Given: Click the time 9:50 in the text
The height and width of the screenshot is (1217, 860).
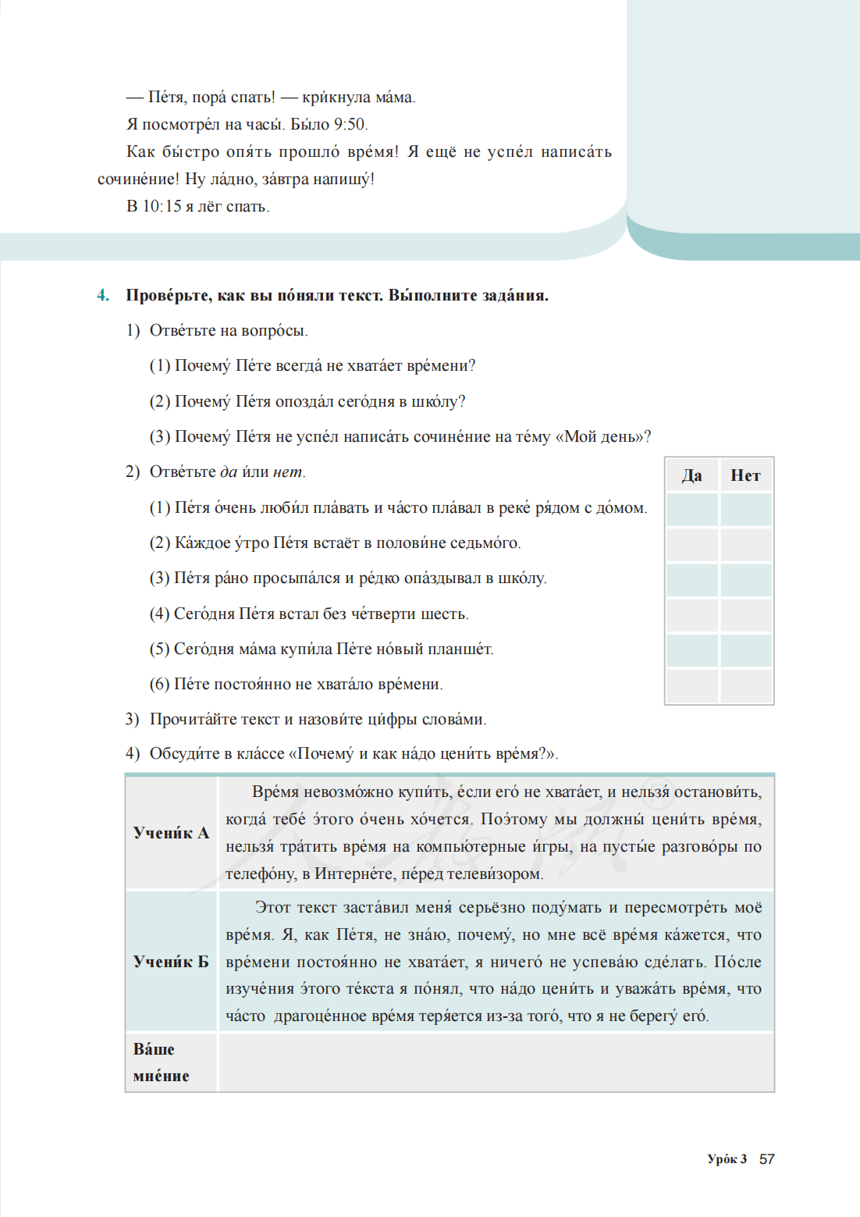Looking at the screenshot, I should tap(350, 125).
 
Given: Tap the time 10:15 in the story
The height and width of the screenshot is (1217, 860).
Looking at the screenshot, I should tap(162, 207).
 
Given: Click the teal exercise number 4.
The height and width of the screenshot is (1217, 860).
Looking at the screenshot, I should tap(103, 296).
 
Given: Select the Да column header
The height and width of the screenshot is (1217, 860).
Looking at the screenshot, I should tap(692, 475).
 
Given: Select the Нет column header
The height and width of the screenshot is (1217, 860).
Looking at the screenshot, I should tap(745, 475).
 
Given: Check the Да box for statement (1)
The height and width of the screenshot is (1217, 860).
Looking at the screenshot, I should tap(692, 510).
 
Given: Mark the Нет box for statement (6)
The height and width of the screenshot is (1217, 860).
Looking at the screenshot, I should tap(746, 685).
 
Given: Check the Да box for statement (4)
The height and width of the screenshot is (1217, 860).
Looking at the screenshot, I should tap(692, 615).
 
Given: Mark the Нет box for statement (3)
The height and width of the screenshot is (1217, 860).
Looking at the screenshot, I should tap(746, 580).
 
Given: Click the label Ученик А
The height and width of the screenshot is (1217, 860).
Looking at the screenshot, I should tap(171, 833).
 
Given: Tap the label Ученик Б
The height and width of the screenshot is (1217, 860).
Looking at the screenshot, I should tap(171, 962).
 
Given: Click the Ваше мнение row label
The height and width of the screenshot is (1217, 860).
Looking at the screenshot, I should tap(162, 1062).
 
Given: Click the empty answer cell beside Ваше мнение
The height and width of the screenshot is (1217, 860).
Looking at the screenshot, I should tap(496, 1062).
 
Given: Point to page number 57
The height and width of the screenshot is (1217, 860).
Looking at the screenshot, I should tap(767, 1159).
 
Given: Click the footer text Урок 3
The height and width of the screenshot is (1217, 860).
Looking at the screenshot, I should tap(727, 1159).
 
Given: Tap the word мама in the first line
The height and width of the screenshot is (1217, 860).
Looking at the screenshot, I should tap(393, 98).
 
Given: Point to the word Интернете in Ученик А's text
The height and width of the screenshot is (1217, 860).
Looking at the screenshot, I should tap(354, 874).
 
